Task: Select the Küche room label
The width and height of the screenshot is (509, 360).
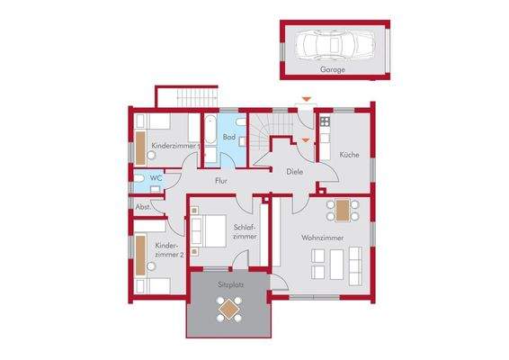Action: point(350,155)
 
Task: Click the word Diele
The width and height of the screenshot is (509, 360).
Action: point(293,171)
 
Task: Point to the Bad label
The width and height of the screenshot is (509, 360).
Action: point(229,137)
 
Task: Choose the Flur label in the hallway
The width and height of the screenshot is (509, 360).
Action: point(220,181)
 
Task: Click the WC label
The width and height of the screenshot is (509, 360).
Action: point(156,178)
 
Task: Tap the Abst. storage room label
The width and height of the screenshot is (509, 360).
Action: point(142,207)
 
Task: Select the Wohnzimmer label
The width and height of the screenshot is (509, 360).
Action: point(320,238)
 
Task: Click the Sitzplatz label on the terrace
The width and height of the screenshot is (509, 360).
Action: point(230,283)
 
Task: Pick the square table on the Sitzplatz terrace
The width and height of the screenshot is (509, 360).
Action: point(229,310)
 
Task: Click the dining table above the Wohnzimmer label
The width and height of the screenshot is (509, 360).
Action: point(342,210)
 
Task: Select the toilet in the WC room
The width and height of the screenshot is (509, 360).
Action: point(139,178)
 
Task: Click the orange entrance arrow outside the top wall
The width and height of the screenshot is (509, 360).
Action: point(306,98)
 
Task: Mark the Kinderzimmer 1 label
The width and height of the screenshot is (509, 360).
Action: point(174,145)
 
